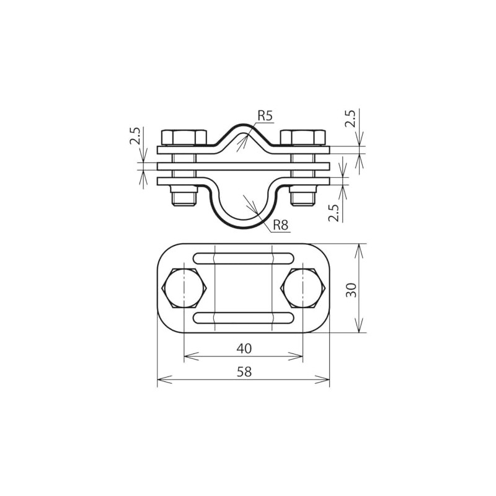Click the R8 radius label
click(x=280, y=225)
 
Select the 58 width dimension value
click(x=244, y=371)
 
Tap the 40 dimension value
click(x=244, y=348)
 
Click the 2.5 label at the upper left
click(x=136, y=137)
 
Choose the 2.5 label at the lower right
click(x=334, y=213)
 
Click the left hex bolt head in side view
click(x=184, y=137)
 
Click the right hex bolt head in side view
click(x=303, y=137)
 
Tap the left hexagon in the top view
click(x=184, y=289)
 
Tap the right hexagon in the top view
click(x=303, y=289)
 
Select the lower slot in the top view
click(x=243, y=319)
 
